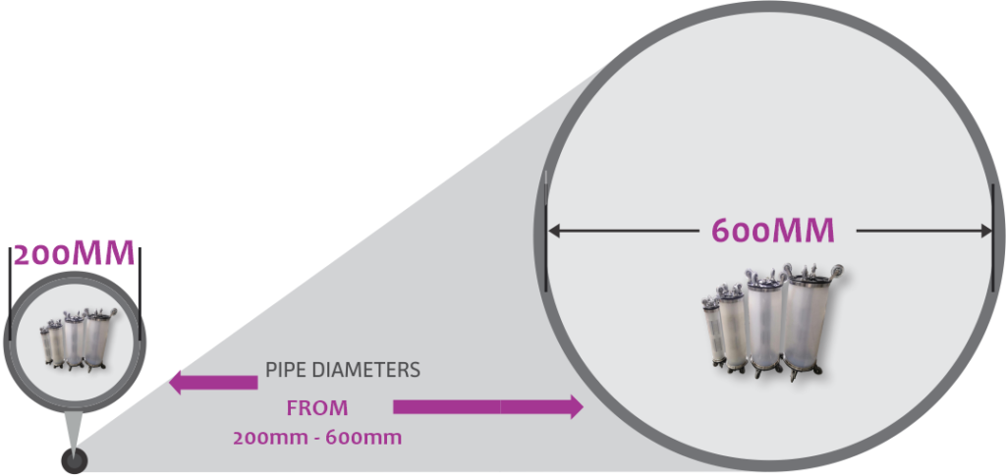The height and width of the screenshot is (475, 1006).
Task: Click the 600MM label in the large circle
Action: pyautogui.click(x=773, y=231)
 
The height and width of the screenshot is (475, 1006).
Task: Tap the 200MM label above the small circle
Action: pyautogui.click(x=75, y=254)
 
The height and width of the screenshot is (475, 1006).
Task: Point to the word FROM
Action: pyautogui.click(x=317, y=408)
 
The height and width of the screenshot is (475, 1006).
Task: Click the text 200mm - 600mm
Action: pyautogui.click(x=317, y=439)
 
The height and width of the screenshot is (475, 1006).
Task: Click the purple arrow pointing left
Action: pyautogui.click(x=213, y=383)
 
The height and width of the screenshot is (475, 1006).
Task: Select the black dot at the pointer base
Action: pyautogui.click(x=75, y=461)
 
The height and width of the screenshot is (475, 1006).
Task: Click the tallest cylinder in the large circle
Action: pyautogui.click(x=810, y=321)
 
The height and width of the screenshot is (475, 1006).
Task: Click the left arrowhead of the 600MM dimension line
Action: pyautogui.click(x=554, y=232)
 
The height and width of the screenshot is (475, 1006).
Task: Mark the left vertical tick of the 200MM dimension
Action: pyautogui.click(x=11, y=293)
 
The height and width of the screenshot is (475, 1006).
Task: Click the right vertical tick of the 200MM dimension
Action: pyautogui.click(x=140, y=293)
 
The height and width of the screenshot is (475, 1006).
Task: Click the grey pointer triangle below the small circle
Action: pyautogui.click(x=75, y=431)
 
